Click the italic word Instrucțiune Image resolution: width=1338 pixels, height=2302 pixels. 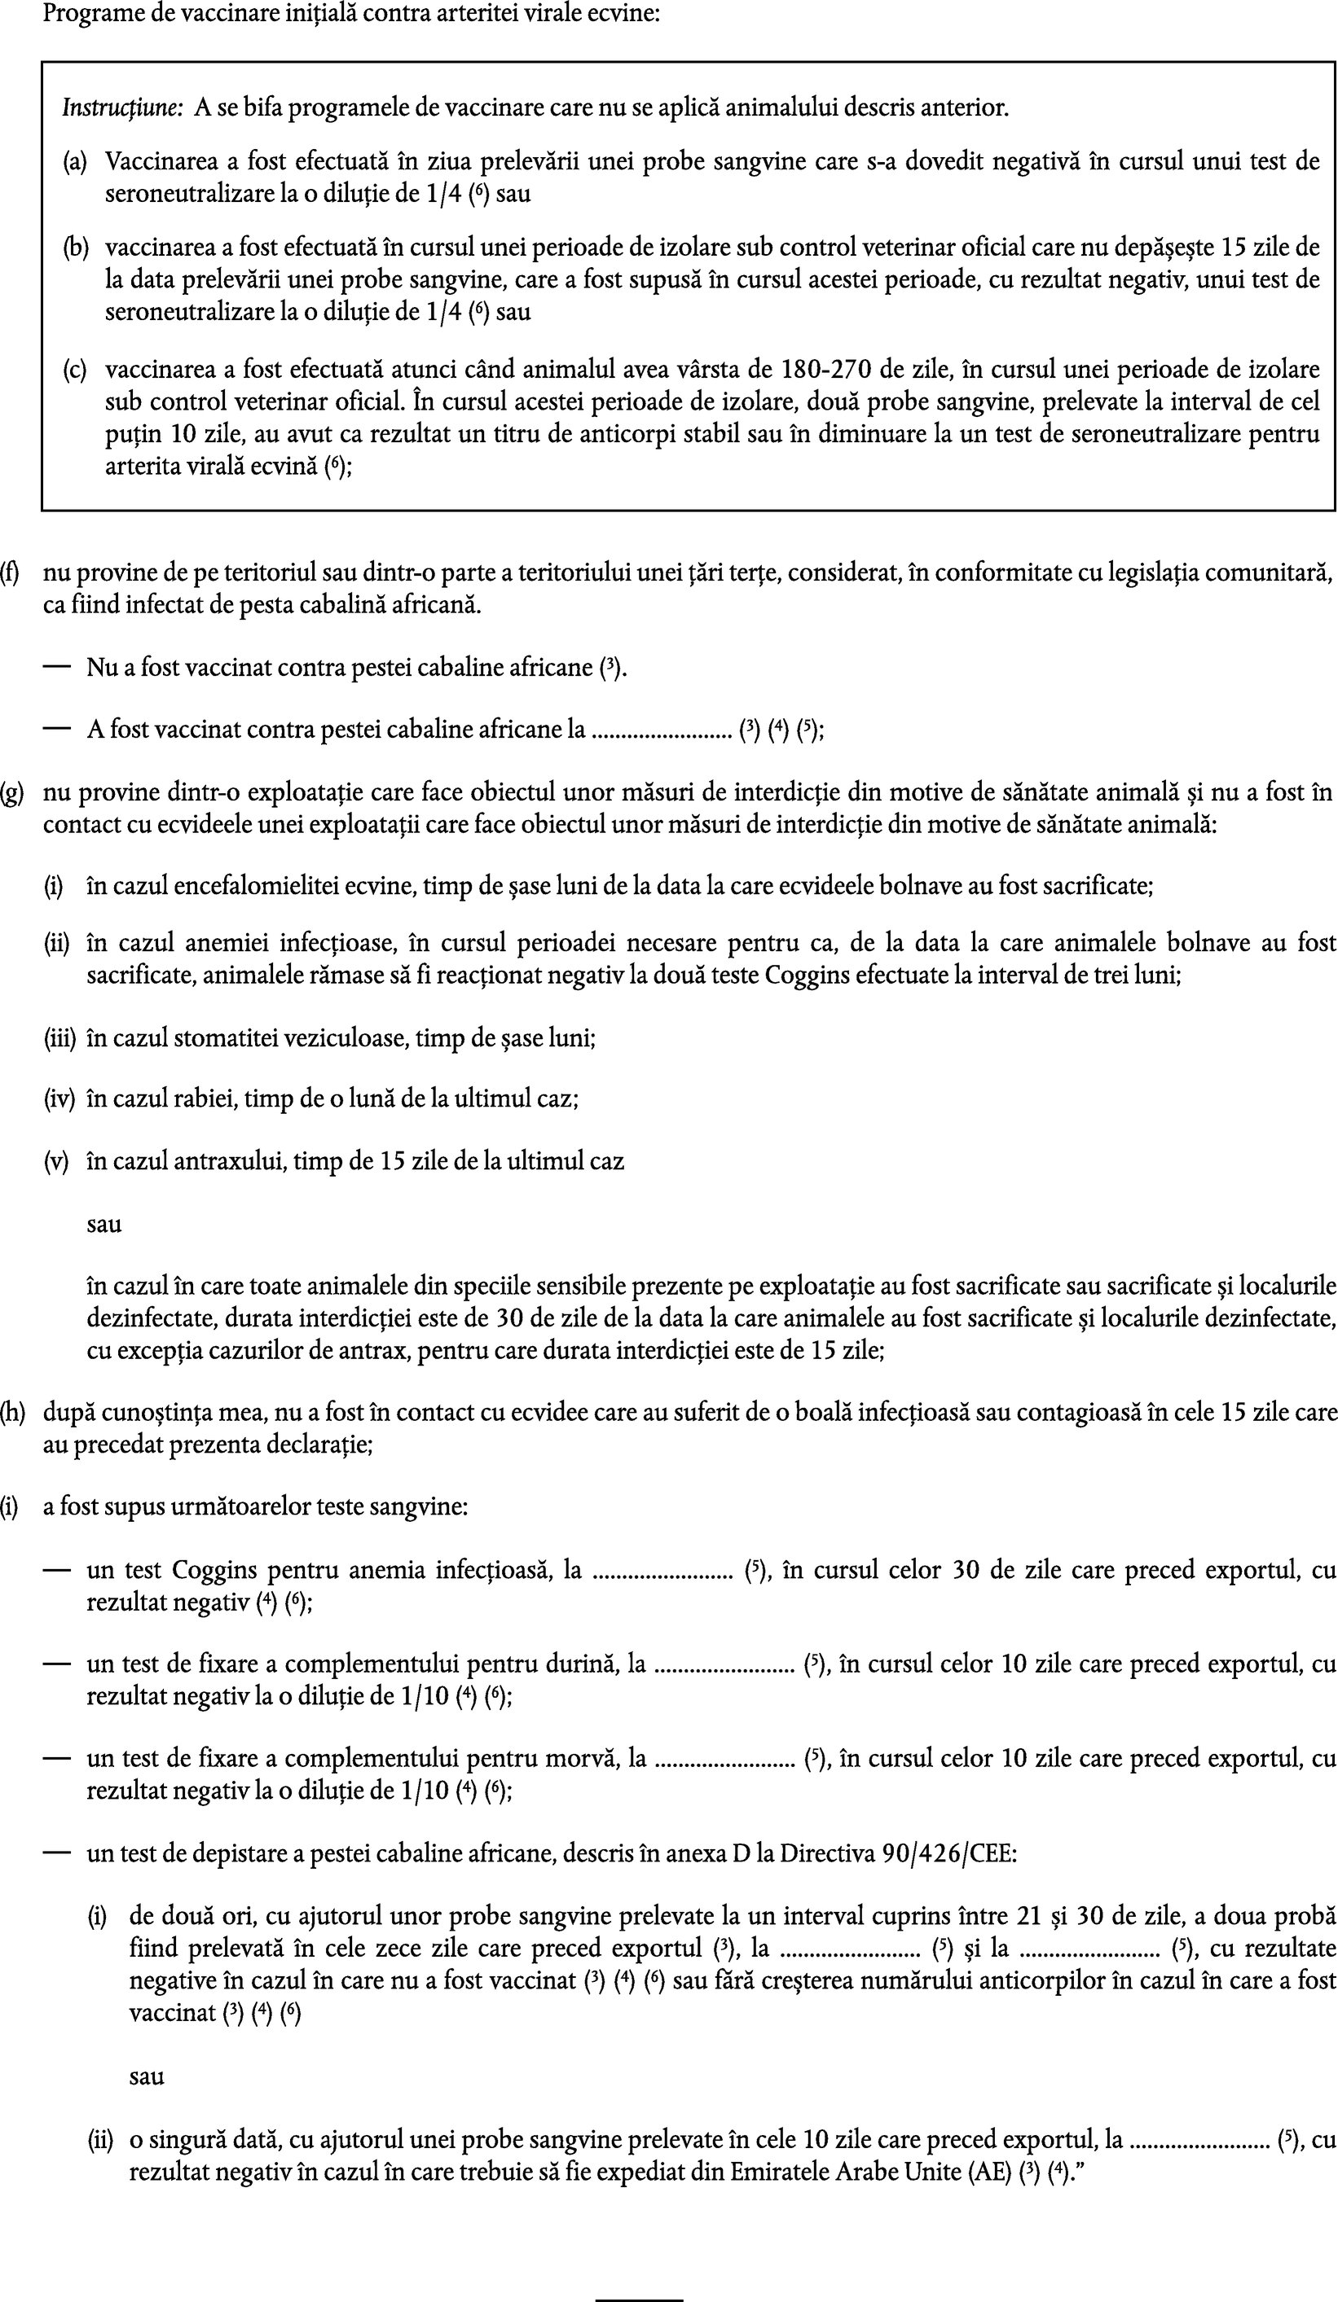pos(122,108)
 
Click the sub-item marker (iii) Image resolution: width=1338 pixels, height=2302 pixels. pos(60,1039)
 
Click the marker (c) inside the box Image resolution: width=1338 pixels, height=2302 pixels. pos(75,370)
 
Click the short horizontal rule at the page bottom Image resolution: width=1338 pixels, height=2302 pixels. pos(639,2292)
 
